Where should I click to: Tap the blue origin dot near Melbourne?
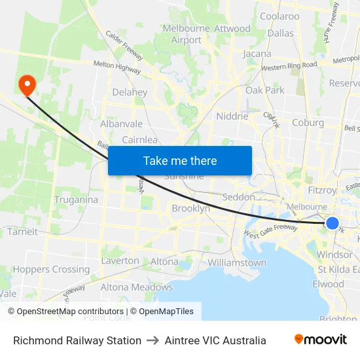(332, 223)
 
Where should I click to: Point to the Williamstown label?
(237, 262)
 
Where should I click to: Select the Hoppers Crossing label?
(51, 269)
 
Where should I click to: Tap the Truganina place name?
(76, 200)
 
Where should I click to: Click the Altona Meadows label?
(136, 287)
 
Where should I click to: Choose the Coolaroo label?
(279, 16)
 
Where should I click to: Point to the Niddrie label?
(232, 116)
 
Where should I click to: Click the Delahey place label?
(130, 92)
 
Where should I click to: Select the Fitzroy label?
(321, 190)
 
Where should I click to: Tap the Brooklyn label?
(190, 208)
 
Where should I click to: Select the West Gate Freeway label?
(270, 230)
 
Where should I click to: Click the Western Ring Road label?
(289, 66)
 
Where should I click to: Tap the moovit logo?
(320, 340)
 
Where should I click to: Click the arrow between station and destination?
(153, 340)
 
